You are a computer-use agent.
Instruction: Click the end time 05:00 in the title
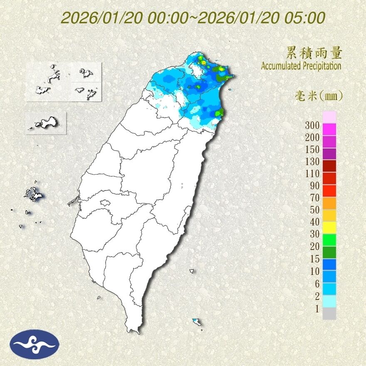click(304, 18)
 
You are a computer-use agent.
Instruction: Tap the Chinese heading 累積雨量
click(314, 53)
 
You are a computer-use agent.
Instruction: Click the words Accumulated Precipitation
click(301, 66)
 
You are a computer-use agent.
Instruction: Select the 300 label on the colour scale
click(312, 125)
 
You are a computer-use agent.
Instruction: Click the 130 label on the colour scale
click(312, 161)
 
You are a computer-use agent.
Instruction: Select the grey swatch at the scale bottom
click(329, 314)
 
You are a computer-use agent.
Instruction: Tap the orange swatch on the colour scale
click(329, 203)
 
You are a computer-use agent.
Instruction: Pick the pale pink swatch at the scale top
click(329, 117)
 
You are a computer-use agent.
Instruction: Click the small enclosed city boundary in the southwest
click(105, 203)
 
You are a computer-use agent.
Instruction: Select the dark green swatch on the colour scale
click(329, 252)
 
